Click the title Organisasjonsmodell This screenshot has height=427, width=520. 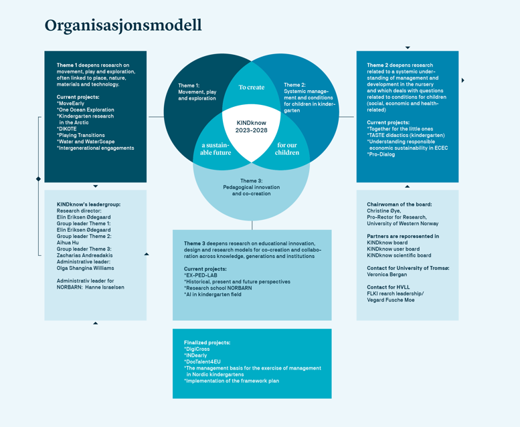pos(123,25)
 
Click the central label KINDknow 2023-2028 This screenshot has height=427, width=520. pos(252,127)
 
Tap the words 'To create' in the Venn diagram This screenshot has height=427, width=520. pos(252,88)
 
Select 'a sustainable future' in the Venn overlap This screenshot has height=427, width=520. pos(215,148)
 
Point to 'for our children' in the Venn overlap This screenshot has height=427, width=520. pos(287,148)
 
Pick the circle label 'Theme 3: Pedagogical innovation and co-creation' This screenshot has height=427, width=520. pos(251,187)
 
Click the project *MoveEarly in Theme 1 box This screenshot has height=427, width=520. pos(71,104)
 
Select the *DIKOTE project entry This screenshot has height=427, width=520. pos(67,129)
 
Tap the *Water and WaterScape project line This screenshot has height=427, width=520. pos(86,142)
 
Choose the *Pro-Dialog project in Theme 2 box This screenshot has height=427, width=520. pos(381,154)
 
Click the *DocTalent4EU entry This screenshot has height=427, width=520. pos(202,362)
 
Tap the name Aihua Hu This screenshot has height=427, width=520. pos(68,243)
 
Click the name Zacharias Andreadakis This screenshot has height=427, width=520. pos(85,255)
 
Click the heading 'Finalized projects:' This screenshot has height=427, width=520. pos(207,342)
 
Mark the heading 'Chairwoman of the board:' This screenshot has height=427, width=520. pos(399,204)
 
